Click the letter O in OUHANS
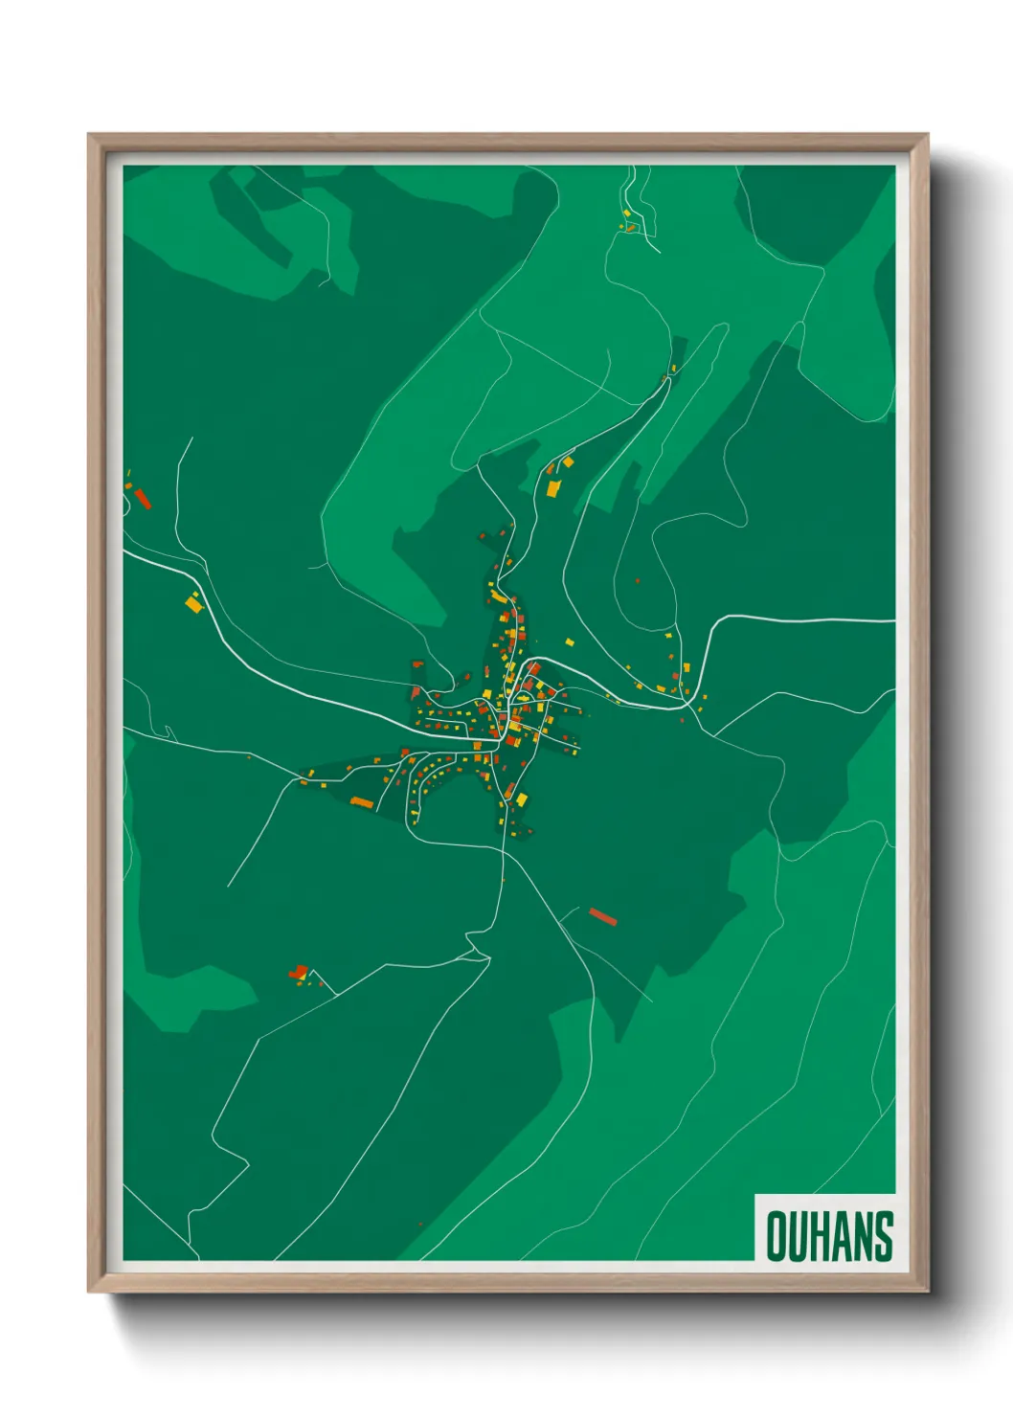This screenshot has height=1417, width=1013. [777, 1236]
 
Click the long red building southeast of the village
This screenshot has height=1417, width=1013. [602, 917]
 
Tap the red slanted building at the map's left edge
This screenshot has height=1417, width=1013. [143, 498]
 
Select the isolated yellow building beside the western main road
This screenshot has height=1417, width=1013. [193, 602]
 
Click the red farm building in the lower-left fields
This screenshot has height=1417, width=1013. [298, 972]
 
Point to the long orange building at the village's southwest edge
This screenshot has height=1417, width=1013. [362, 802]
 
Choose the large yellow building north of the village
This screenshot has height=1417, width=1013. [553, 488]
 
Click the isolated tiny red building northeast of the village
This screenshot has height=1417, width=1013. [637, 580]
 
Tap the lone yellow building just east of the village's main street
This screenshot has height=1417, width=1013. [569, 642]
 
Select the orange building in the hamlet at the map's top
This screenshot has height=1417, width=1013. [630, 227]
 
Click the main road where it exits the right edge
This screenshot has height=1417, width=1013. [892, 621]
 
